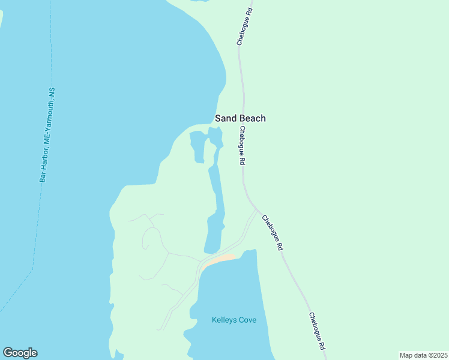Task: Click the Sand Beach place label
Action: (x=240, y=118)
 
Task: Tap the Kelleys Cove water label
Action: (x=234, y=320)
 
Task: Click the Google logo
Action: (x=20, y=353)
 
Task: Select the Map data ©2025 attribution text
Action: (x=424, y=355)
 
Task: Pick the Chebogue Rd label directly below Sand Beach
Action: (x=242, y=145)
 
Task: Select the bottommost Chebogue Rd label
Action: (x=317, y=331)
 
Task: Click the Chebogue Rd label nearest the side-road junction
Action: (x=272, y=232)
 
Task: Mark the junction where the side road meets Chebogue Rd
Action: (x=258, y=211)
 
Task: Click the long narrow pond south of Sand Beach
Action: (x=217, y=192)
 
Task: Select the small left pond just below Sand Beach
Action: (x=197, y=146)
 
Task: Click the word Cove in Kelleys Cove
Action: (x=247, y=320)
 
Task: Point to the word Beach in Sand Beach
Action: (x=252, y=118)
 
